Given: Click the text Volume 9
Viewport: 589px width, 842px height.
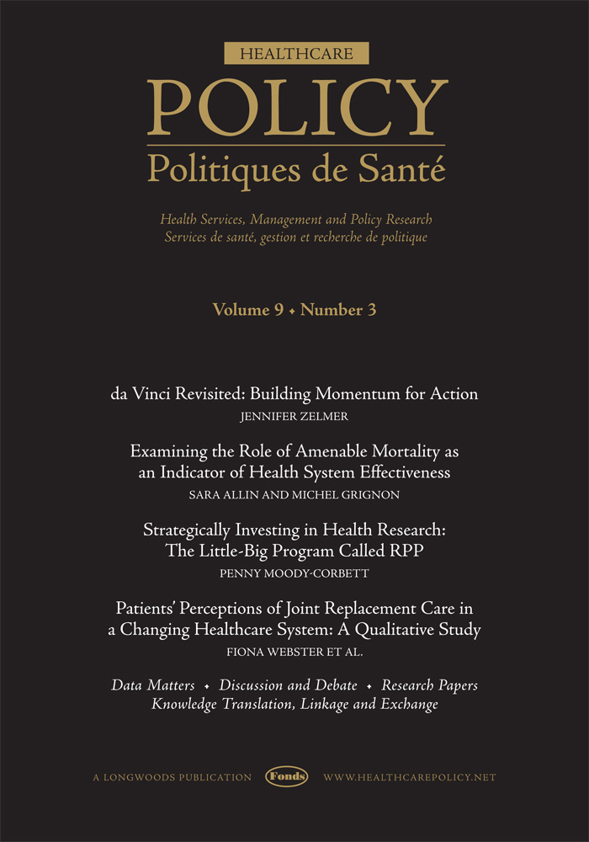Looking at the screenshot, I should pyautogui.click(x=247, y=311).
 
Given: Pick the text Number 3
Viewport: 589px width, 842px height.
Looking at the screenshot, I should pyautogui.click(x=338, y=311).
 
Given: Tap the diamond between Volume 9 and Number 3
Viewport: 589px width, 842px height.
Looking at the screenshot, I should pyautogui.click(x=291, y=312).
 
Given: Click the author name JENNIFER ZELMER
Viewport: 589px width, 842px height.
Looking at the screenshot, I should pyautogui.click(x=294, y=416).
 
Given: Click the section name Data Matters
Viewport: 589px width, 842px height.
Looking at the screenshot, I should pyautogui.click(x=153, y=685).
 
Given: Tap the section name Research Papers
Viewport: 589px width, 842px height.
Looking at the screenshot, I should pyautogui.click(x=430, y=685).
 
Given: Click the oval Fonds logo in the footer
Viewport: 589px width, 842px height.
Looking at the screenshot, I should pyautogui.click(x=287, y=776).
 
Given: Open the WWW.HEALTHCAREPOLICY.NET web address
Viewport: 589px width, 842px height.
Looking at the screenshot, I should pyautogui.click(x=410, y=777).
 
